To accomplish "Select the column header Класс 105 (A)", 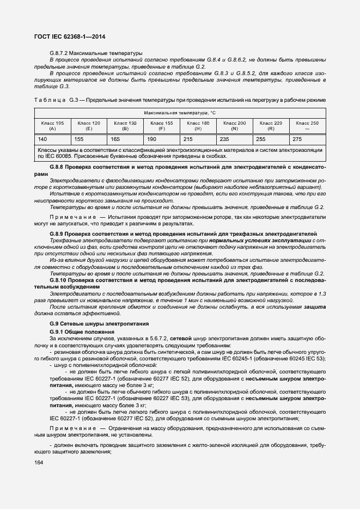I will click(52, 126).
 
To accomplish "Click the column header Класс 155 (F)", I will click(161, 126).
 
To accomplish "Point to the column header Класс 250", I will click(307, 126).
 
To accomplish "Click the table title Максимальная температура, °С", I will click(180, 113).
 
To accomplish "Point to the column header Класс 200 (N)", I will click(234, 126).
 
